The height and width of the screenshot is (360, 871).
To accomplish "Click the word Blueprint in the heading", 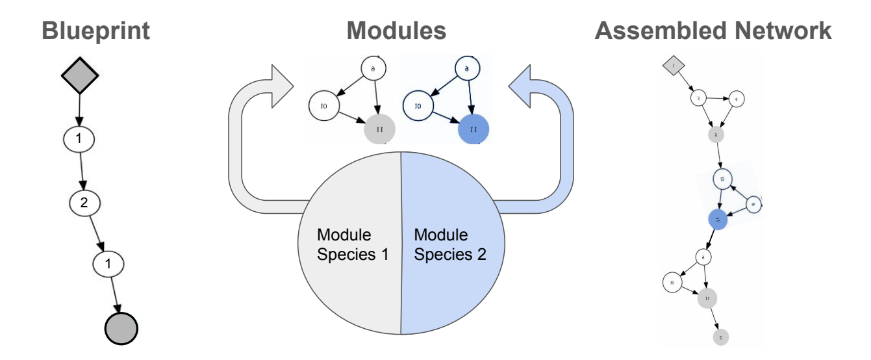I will click(97, 31).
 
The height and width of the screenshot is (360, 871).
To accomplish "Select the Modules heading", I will click(396, 31).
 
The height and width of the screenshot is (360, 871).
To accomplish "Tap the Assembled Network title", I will click(713, 31).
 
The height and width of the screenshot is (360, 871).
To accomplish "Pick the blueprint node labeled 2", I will click(83, 203).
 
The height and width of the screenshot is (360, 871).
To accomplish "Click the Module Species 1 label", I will click(353, 244).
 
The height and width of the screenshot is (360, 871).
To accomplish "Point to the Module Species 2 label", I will click(450, 244).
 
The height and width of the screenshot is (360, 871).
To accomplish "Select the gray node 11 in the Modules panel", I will click(380, 129).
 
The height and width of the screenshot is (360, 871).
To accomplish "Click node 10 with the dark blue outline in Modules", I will click(418, 105).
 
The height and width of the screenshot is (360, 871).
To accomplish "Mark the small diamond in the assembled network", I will click(674, 66).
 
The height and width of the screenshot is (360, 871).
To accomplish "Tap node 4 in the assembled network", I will click(736, 99).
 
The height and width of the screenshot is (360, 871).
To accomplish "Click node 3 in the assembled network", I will click(698, 99).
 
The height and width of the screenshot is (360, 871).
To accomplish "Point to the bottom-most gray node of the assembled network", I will click(720, 337).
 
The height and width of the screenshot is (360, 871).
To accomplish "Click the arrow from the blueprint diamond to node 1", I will click(79, 110).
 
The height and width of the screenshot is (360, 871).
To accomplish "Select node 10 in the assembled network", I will click(672, 282).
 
